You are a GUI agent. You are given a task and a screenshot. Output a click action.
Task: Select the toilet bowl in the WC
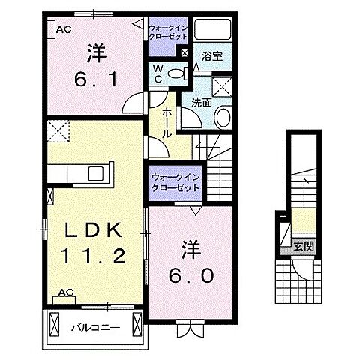[x=175, y=72]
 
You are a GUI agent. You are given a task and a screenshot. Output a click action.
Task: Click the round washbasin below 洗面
[x=223, y=118]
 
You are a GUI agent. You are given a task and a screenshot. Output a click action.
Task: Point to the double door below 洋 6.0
[x=186, y=327]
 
